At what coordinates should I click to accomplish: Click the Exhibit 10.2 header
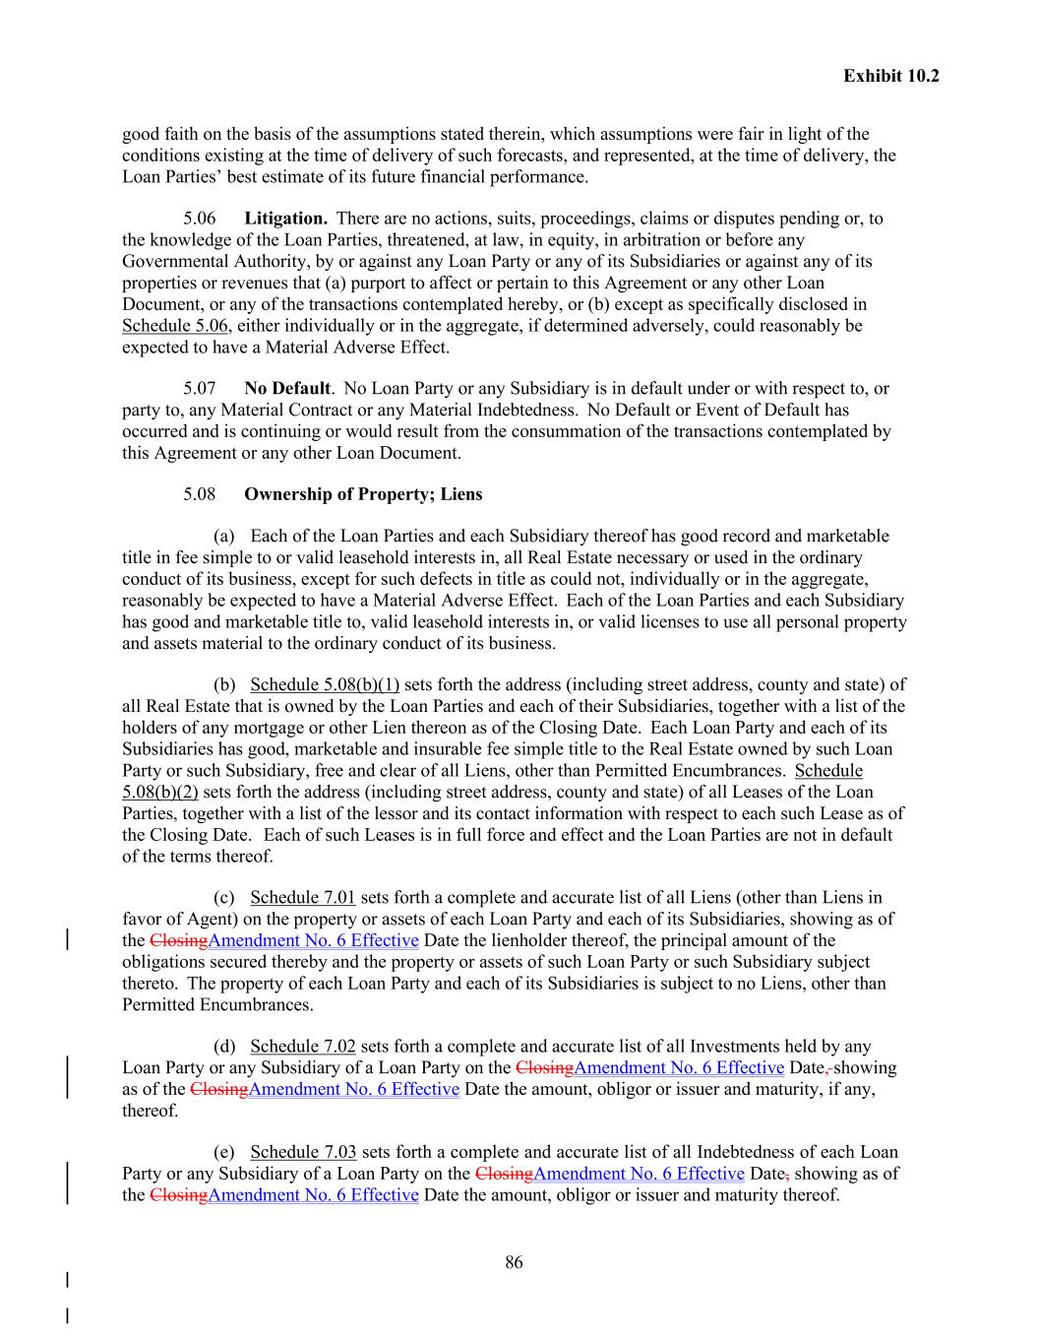pyautogui.click(x=890, y=75)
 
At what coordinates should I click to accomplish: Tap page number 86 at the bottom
pyautogui.click(x=514, y=1262)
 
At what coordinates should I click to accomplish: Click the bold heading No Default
pyautogui.click(x=286, y=388)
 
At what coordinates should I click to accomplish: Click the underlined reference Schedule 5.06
pyautogui.click(x=175, y=326)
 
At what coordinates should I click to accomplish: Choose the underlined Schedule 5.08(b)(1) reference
pyautogui.click(x=325, y=685)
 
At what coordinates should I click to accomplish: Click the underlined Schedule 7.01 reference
pyautogui.click(x=302, y=898)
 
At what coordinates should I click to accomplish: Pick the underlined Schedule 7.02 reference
pyautogui.click(x=302, y=1047)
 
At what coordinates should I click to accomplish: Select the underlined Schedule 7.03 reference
pyautogui.click(x=302, y=1152)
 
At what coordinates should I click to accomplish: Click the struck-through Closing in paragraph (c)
pyautogui.click(x=179, y=940)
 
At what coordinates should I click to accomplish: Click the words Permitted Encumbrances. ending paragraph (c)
pyautogui.click(x=217, y=1005)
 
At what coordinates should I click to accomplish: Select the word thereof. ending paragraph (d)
pyautogui.click(x=151, y=1111)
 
